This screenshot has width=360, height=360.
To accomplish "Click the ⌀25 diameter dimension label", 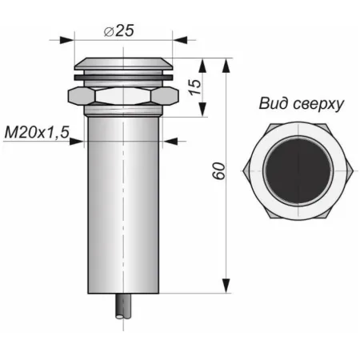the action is click(x=119, y=30).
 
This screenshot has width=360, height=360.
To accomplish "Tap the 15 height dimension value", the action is click(x=195, y=87).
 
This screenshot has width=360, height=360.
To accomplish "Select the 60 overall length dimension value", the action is click(x=219, y=171).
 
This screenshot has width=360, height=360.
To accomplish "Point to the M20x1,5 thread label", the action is click(x=37, y=132).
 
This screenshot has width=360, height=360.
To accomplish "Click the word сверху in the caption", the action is click(x=318, y=104).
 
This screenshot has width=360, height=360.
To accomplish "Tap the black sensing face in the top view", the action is click(x=298, y=171).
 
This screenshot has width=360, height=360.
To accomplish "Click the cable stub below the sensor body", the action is click(x=123, y=306).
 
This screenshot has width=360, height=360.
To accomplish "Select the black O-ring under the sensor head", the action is click(x=124, y=78).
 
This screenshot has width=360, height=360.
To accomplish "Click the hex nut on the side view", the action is click(x=123, y=96).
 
